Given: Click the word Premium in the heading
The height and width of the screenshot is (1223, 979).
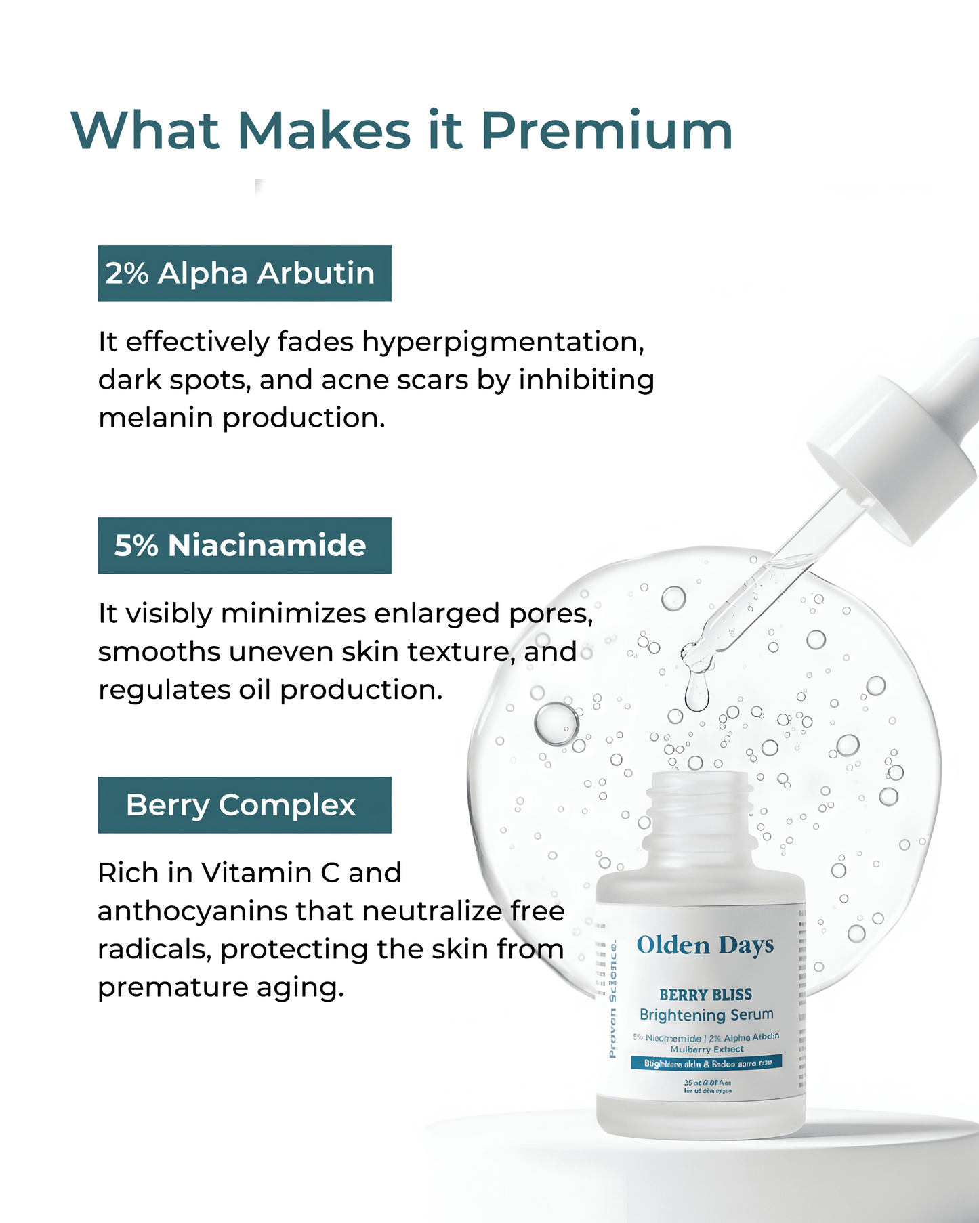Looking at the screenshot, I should point(606,130).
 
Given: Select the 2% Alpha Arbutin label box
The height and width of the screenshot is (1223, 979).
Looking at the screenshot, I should point(245,274).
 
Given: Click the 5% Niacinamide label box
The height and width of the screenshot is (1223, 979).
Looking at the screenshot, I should point(245,546).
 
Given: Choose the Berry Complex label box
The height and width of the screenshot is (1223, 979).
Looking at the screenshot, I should point(245,805).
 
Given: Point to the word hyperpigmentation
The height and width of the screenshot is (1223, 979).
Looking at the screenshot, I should point(502,343).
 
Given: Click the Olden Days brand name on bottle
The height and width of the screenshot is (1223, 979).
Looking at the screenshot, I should point(705,945).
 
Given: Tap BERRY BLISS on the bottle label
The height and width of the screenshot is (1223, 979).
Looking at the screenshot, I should point(705,995).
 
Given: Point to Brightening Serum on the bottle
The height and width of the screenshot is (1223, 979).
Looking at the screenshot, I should point(706,1015).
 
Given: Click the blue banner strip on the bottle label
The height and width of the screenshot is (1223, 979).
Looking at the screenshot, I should point(706,1063).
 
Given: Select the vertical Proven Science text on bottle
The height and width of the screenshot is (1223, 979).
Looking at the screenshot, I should point(612,999).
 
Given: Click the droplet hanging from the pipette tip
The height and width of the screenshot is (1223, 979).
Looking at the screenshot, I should point(696,694).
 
